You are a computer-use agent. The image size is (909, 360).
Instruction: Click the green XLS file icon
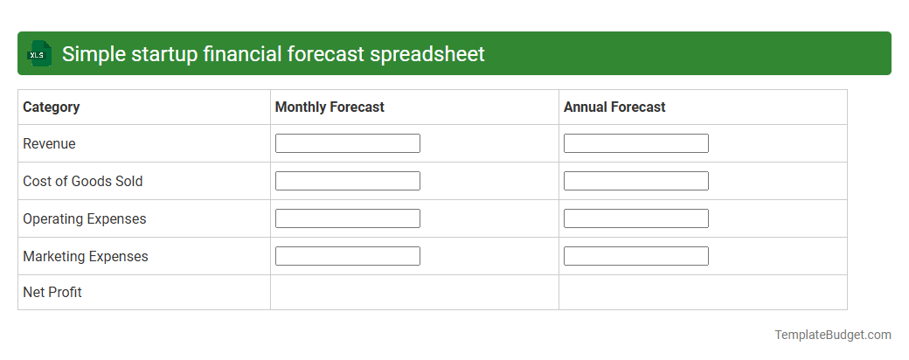pos(39,54)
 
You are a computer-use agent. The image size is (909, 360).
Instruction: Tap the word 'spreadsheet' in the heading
pos(427,54)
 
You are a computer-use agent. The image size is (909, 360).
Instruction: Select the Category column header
pos(52,107)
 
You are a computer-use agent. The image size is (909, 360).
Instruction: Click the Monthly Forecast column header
pos(330,107)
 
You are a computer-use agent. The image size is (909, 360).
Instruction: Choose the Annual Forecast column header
pos(614,107)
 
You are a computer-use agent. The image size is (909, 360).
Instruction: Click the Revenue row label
pos(49,144)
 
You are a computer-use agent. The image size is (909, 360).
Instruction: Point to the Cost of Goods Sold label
pos(82,182)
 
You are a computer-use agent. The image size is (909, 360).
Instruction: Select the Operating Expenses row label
pos(85,219)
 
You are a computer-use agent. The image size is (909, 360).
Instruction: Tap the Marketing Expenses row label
pos(86,257)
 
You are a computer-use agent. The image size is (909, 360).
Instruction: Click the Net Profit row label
pos(52,293)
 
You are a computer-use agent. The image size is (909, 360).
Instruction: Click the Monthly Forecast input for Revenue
pos(348,143)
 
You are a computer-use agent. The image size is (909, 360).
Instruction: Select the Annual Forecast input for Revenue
pos(636,143)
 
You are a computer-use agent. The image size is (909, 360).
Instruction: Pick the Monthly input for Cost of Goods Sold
pos(348,181)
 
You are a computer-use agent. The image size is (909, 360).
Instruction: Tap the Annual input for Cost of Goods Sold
pos(636,181)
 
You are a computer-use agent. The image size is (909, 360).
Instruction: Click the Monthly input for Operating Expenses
pos(348,218)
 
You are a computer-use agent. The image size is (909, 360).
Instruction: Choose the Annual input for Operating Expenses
pos(636,218)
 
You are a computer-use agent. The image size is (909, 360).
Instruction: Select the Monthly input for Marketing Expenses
pos(348,256)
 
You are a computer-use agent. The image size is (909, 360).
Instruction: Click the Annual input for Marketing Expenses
pos(636,256)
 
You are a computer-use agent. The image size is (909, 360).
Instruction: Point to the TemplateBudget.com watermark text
pos(832,335)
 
